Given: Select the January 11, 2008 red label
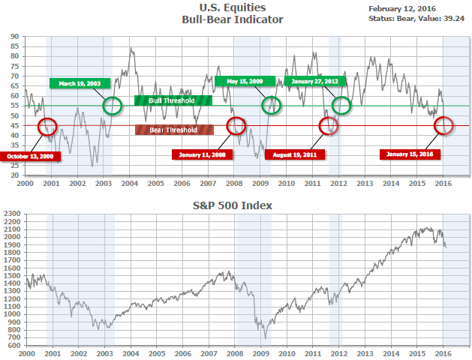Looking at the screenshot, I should [203, 154].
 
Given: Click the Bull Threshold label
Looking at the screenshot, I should [173, 100].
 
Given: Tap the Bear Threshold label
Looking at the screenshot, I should [173, 130].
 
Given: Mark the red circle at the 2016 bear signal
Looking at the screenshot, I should [443, 125].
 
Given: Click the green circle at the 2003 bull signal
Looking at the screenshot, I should [113, 106].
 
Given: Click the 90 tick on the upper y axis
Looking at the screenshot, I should [16, 36].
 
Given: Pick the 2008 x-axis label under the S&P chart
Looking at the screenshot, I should [234, 352].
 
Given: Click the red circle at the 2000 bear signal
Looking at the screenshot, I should [47, 126].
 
